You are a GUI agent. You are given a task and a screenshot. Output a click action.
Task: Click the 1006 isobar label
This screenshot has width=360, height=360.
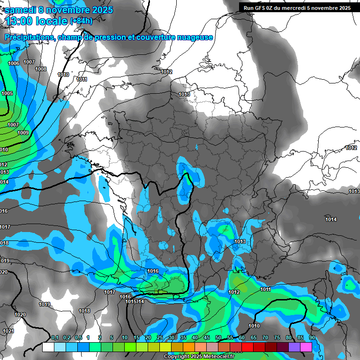pyautogui.click(x=14, y=63)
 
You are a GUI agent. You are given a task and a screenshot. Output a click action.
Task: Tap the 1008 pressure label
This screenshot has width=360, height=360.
pyautogui.click(x=41, y=69)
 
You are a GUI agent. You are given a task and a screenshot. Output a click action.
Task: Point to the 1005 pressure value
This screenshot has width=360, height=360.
pyautogui.click(x=7, y=93)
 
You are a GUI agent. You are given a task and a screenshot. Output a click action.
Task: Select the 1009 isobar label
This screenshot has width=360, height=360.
pyautogui.click(x=23, y=133)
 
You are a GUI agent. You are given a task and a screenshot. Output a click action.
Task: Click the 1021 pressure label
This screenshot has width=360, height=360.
pyautogui.click(x=8, y=331)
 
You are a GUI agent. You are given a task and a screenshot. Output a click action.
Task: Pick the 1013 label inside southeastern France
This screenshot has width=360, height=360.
pyautogui.click(x=240, y=241)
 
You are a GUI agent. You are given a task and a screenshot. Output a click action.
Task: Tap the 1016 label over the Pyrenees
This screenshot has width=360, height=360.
pyautogui.click(x=153, y=271)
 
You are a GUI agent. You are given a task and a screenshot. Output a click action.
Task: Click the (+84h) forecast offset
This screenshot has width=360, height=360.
pyautogui.click(x=81, y=21)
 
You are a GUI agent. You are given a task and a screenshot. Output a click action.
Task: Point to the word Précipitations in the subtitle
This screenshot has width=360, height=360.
pyautogui.click(x=29, y=37)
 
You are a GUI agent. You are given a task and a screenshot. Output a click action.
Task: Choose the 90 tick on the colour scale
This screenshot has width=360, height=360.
pyautogui.click(x=312, y=337)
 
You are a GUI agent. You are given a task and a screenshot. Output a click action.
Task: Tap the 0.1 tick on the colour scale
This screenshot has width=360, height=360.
pyautogui.click(x=54, y=337)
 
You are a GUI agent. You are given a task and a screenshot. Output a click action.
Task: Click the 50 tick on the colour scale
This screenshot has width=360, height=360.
pyautogui.click(x=218, y=337)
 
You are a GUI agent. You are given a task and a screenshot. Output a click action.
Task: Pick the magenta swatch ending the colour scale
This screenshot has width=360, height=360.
pyautogui.click(x=306, y=347)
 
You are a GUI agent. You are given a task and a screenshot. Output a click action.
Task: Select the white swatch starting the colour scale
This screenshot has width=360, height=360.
pyautogui.click(x=48, y=347)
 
